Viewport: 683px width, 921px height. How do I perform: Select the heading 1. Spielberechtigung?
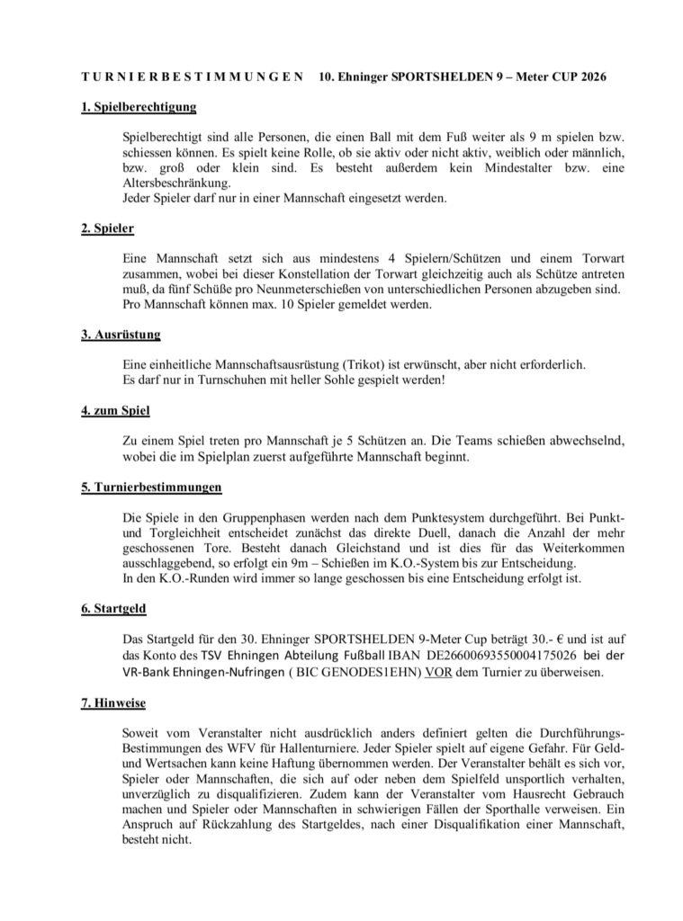(138, 108)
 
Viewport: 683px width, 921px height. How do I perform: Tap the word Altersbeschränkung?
(175, 183)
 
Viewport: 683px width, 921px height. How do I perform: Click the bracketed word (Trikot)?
(359, 364)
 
